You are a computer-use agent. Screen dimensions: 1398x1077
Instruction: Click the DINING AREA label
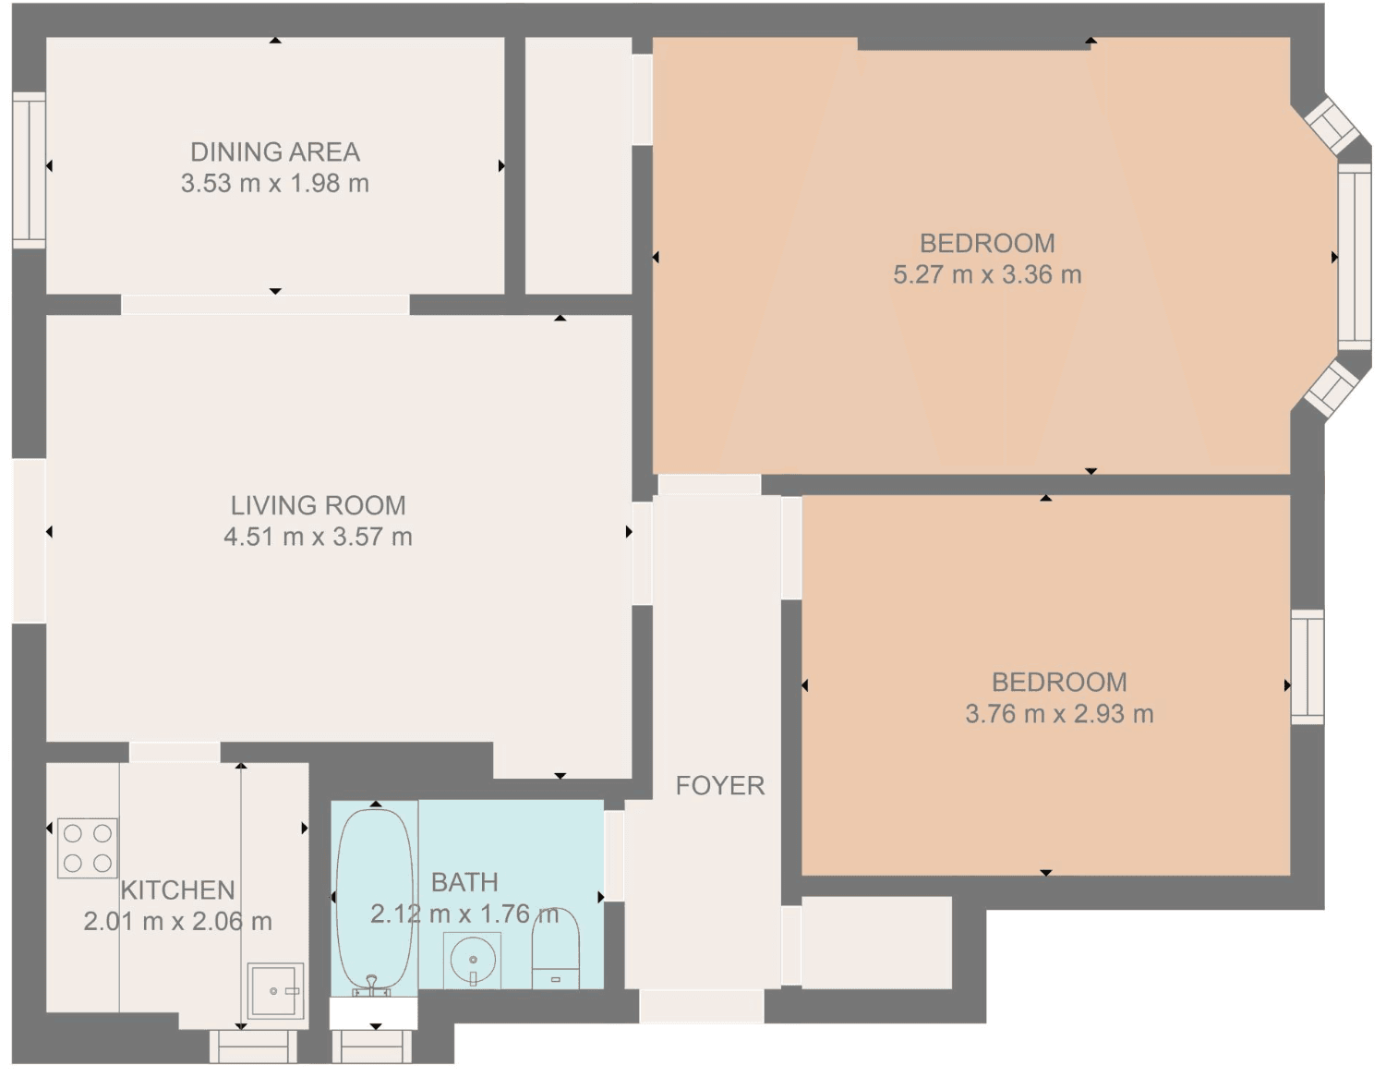click(275, 151)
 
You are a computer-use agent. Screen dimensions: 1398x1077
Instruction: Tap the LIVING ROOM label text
click(318, 505)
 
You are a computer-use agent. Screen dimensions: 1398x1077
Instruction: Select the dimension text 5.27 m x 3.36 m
click(987, 274)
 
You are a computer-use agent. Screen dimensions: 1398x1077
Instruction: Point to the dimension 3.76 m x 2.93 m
click(1059, 713)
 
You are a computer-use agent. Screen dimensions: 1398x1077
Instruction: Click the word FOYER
click(720, 785)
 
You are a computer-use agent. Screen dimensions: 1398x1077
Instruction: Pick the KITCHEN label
click(177, 890)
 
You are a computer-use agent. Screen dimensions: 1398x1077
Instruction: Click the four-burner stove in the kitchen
click(88, 847)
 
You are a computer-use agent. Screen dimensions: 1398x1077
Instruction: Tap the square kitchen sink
click(275, 991)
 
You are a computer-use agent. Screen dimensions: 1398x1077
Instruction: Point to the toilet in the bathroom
click(556, 949)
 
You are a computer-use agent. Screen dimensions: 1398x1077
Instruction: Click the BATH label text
click(464, 883)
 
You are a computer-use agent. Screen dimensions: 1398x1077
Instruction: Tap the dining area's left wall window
click(29, 170)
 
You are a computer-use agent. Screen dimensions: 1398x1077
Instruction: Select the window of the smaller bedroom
click(1308, 667)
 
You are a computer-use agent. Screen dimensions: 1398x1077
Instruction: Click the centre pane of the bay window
click(1355, 257)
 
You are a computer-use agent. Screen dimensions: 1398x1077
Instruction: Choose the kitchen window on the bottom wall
click(254, 1047)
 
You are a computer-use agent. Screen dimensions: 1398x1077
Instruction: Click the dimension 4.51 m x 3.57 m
click(318, 537)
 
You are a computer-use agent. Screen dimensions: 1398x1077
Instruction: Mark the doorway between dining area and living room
click(265, 304)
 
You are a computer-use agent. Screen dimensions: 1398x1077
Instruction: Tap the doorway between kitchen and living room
click(175, 752)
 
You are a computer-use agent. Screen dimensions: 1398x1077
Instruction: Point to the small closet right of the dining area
click(578, 165)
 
